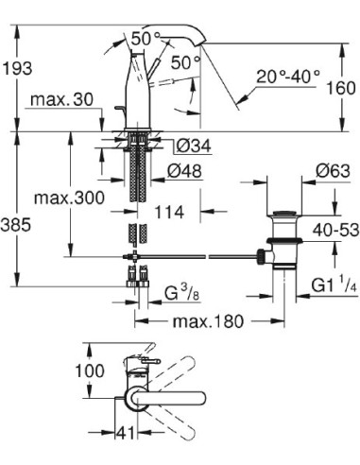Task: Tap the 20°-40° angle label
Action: click(x=289, y=73)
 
